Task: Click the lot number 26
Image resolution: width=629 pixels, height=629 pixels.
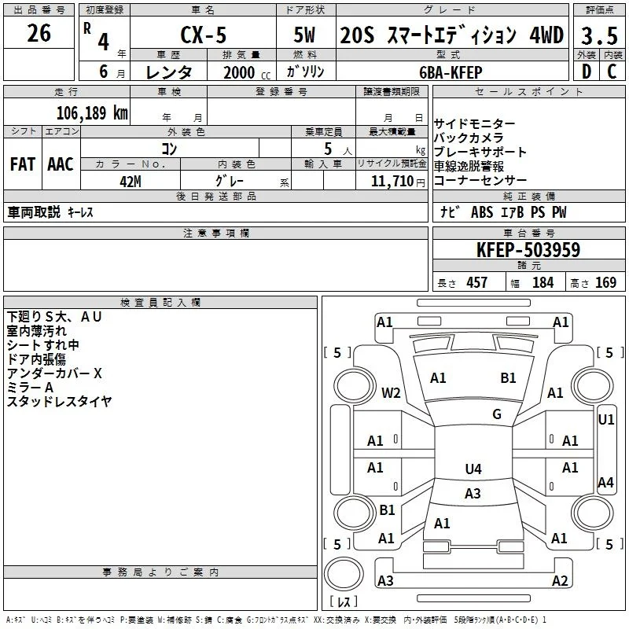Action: point(39,33)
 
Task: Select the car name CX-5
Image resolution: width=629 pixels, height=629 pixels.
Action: point(204,35)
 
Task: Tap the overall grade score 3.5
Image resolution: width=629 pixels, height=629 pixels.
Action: point(599,36)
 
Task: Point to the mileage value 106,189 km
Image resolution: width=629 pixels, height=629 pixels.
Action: point(92,113)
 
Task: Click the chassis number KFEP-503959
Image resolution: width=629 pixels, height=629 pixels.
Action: point(528,250)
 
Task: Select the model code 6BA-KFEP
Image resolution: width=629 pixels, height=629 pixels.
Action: point(451,72)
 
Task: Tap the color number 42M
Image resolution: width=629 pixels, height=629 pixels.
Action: point(131,182)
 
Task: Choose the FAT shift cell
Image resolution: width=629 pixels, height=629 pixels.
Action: point(23,164)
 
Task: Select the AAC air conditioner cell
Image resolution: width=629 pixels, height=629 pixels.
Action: point(61,164)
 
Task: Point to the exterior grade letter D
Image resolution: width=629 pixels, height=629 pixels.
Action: point(586,72)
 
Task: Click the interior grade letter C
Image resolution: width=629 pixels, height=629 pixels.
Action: point(612,72)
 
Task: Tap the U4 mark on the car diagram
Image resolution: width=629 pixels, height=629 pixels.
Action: point(473,469)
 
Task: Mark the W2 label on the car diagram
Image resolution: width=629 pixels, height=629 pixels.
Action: point(391,392)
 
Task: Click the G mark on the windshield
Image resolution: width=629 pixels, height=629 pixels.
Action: point(497,414)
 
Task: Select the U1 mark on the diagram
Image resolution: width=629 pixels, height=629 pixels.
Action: point(605,420)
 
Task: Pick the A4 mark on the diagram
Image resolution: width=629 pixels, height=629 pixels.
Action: point(605,482)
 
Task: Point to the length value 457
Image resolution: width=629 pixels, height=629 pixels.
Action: point(477,283)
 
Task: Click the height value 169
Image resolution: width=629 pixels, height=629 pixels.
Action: point(605,283)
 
